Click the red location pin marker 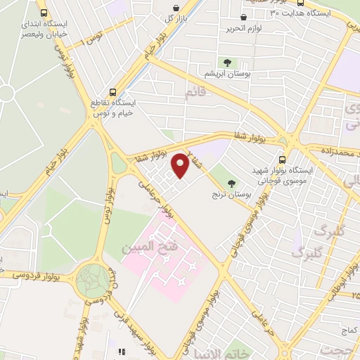[181, 165]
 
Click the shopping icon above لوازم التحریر [243, 17]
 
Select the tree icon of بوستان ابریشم [226, 62]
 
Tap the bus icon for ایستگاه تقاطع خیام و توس [114, 91]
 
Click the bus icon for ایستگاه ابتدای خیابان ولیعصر [44, 13]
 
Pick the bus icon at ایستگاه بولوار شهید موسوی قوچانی [282, 160]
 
